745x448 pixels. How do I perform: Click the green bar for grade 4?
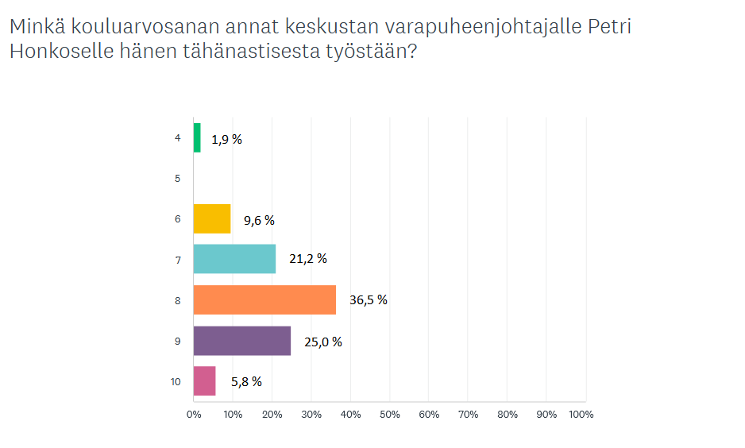click(197, 137)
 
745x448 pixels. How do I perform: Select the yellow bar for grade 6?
click(212, 218)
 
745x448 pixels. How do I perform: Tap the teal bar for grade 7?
click(235, 259)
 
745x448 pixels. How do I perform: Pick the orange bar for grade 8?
click(264, 299)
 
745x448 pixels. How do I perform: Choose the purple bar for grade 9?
click(242, 341)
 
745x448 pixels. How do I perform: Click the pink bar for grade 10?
click(205, 381)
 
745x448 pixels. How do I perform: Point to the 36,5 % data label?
click(369, 299)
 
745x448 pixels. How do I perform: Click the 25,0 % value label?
click(323, 342)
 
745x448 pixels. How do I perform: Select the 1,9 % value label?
click(226, 139)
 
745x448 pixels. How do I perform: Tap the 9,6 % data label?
click(259, 221)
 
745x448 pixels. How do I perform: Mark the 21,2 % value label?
click(308, 258)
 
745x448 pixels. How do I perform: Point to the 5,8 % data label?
click(246, 381)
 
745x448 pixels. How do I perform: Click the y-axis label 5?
click(178, 179)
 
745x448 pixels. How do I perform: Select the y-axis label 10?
click(176, 381)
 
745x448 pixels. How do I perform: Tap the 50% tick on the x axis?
click(390, 415)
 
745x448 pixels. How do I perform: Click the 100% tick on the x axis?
click(581, 415)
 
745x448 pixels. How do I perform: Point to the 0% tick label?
click(194, 415)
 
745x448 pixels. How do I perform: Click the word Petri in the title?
click(610, 26)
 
